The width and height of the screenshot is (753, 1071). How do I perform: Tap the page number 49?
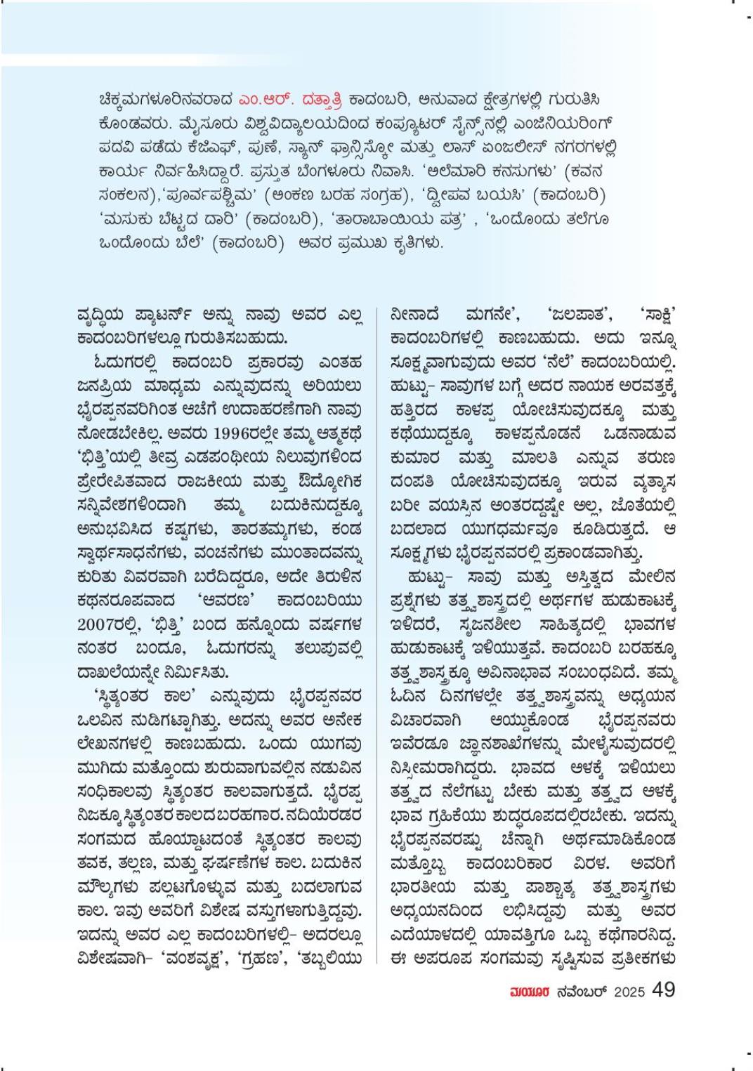click(664, 990)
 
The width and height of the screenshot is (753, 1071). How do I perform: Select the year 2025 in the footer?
click(629, 991)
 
